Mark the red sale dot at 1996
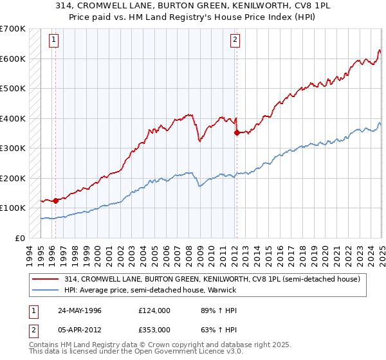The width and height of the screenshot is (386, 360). tap(55, 201)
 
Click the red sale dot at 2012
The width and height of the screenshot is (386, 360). tap(236, 132)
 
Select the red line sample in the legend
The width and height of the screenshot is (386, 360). tap(46, 279)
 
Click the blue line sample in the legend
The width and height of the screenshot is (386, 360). tap(46, 290)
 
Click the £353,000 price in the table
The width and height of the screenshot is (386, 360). tap(154, 329)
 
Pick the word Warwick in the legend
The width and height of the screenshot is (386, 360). tap(221, 290)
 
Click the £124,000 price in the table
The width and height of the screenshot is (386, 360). tap(154, 310)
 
